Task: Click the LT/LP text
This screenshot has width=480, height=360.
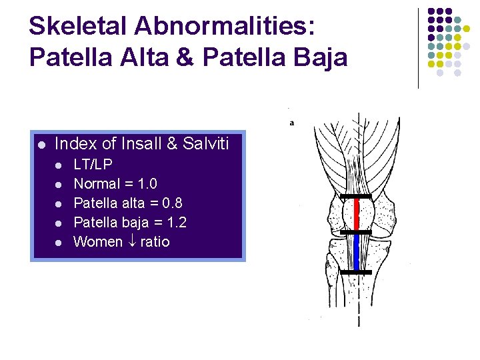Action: tap(93, 164)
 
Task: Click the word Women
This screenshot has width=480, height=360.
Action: tap(98, 241)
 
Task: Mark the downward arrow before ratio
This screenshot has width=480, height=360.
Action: tap(131, 242)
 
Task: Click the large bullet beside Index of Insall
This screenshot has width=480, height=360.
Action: tap(41, 145)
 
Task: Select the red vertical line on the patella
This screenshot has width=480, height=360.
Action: tap(356, 213)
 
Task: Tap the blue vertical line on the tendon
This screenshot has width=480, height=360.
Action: tap(356, 251)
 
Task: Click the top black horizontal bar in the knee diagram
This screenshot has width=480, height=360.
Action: tap(355, 196)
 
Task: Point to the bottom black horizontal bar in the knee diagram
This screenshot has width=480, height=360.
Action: tap(355, 272)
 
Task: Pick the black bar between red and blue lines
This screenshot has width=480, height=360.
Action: tap(355, 232)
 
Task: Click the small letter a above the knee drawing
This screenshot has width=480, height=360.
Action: tap(292, 123)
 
